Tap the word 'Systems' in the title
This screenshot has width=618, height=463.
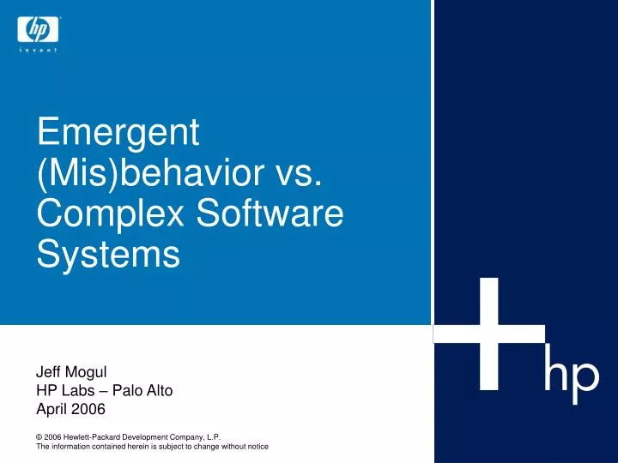(108, 254)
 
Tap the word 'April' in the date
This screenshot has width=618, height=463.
(51, 409)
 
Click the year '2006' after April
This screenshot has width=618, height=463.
(88, 409)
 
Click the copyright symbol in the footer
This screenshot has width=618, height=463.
(39, 436)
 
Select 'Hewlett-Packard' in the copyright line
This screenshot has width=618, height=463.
(98, 436)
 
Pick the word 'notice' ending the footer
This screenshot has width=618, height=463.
(257, 447)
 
